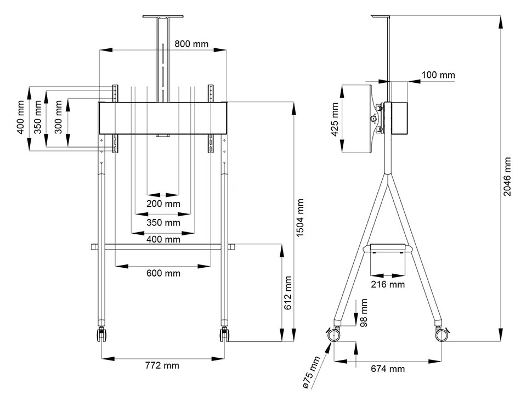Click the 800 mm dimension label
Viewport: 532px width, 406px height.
[191, 44]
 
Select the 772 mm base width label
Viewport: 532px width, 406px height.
[163, 365]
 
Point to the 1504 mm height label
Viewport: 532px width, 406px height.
[300, 218]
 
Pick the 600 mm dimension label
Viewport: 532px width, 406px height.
[163, 273]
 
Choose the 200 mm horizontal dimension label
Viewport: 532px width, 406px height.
[163, 204]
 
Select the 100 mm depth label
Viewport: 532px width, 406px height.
[438, 75]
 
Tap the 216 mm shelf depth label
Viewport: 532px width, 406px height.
[388, 284]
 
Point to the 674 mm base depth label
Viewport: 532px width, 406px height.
[388, 369]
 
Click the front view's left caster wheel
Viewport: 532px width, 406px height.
[101, 335]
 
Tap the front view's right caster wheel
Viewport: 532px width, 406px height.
[224, 335]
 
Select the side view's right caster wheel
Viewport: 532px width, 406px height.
[441, 334]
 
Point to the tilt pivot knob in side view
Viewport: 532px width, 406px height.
[374, 117]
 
